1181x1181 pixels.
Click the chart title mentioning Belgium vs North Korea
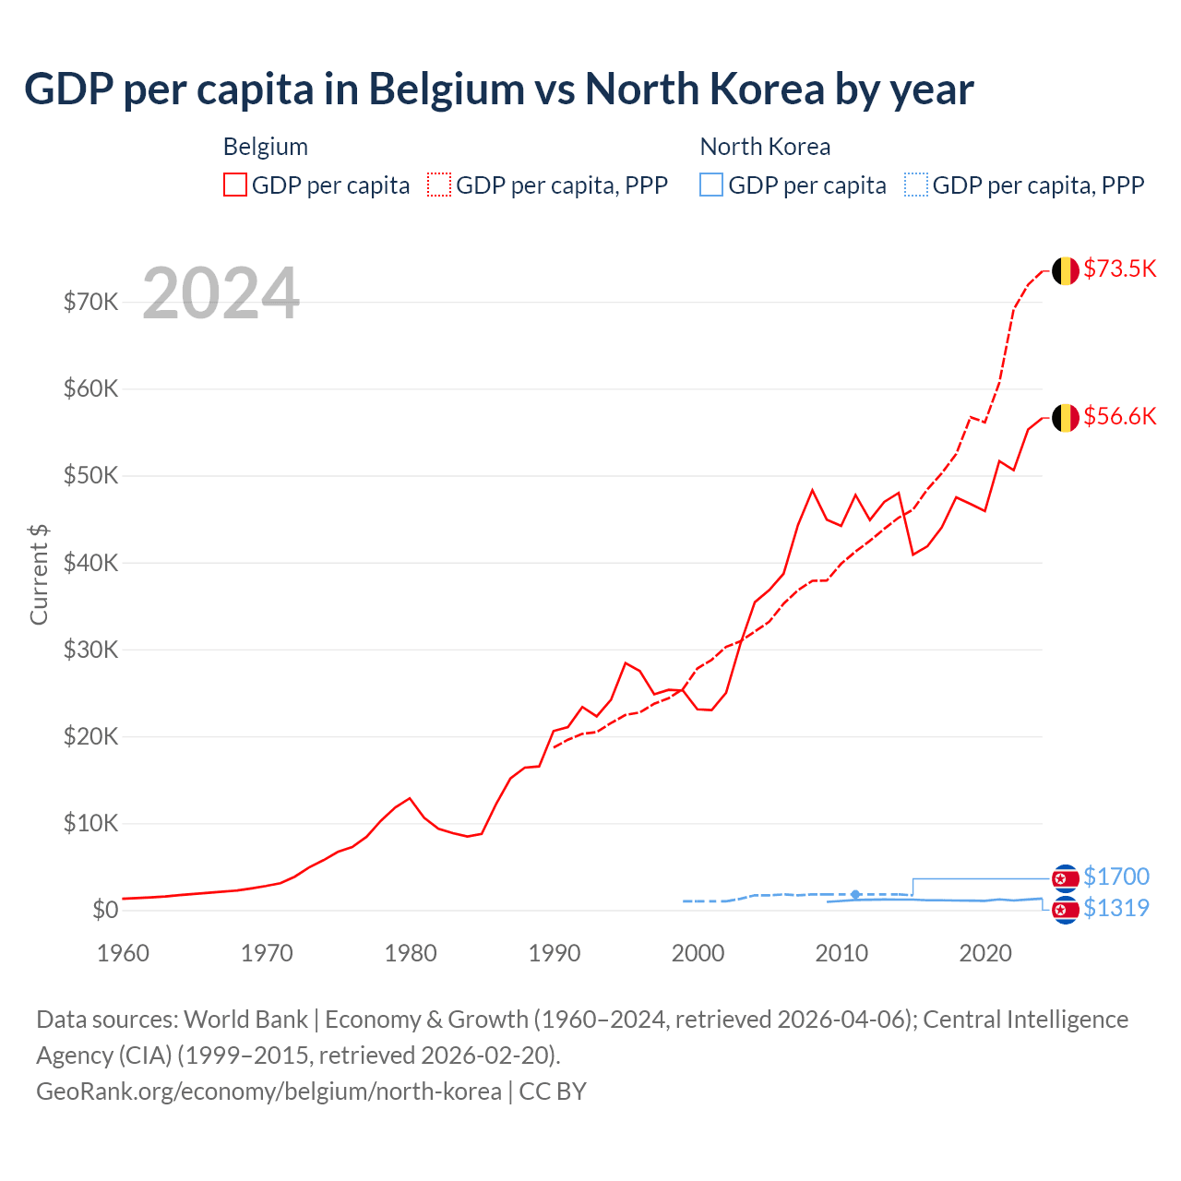point(498,89)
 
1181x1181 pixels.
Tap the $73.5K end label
point(1119,268)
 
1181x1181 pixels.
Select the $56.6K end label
point(1119,416)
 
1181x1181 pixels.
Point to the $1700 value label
point(1115,877)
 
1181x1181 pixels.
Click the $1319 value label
point(1115,908)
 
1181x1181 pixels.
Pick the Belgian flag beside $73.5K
point(1066,270)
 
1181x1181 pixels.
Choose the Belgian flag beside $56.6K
point(1066,418)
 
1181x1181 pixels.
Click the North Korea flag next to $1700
point(1066,877)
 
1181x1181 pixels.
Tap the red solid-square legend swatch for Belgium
point(235,185)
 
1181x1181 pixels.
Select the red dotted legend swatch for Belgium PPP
point(439,185)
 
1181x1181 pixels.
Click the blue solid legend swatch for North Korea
point(711,185)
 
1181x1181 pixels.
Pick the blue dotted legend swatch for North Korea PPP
point(916,185)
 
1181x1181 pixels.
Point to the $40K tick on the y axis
point(90,563)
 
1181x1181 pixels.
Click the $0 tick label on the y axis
point(104,910)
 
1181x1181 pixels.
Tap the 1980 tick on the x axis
point(411,953)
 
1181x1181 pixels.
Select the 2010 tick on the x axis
point(841,953)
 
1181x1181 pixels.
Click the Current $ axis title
point(39,574)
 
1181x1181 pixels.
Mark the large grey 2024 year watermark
point(221,293)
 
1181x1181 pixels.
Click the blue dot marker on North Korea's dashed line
point(855,894)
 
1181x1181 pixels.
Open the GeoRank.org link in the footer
point(268,1092)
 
